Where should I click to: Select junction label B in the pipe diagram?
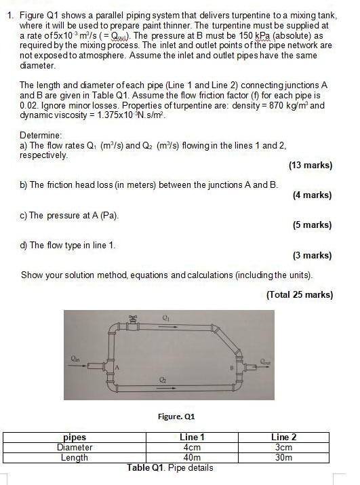(231, 368)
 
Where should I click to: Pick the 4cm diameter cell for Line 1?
(193, 447)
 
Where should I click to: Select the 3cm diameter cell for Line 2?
(283, 447)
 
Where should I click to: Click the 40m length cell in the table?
(193, 457)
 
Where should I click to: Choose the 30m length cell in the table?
(283, 457)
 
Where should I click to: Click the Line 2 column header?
(283, 438)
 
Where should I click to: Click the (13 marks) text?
(310, 165)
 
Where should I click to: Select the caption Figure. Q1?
(176, 416)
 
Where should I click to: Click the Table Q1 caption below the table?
(169, 467)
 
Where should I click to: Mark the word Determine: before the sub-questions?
(42, 134)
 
